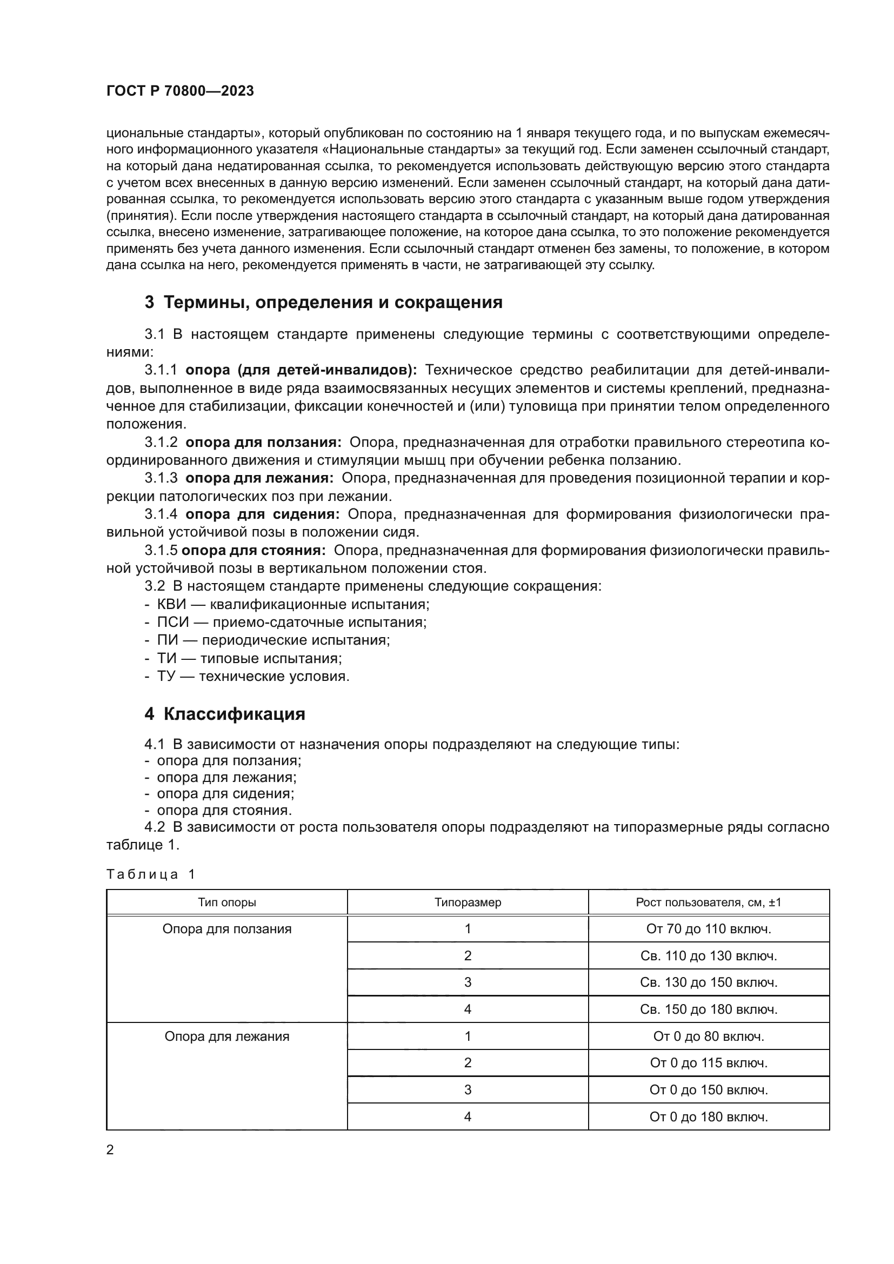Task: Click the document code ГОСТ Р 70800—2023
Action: (180, 91)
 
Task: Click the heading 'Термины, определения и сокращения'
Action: (332, 302)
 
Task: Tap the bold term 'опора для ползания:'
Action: (263, 442)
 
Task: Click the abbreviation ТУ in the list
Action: (166, 676)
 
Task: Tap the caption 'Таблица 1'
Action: (151, 874)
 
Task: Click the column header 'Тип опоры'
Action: (227, 902)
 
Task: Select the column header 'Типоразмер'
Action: (468, 902)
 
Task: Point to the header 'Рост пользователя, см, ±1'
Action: (709, 902)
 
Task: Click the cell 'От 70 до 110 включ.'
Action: (709, 929)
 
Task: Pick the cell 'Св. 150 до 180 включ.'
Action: (709, 1009)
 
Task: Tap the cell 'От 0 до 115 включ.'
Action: (709, 1063)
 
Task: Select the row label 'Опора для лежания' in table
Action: (227, 1036)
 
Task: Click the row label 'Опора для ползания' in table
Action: (227, 929)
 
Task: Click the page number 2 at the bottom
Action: (110, 1150)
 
